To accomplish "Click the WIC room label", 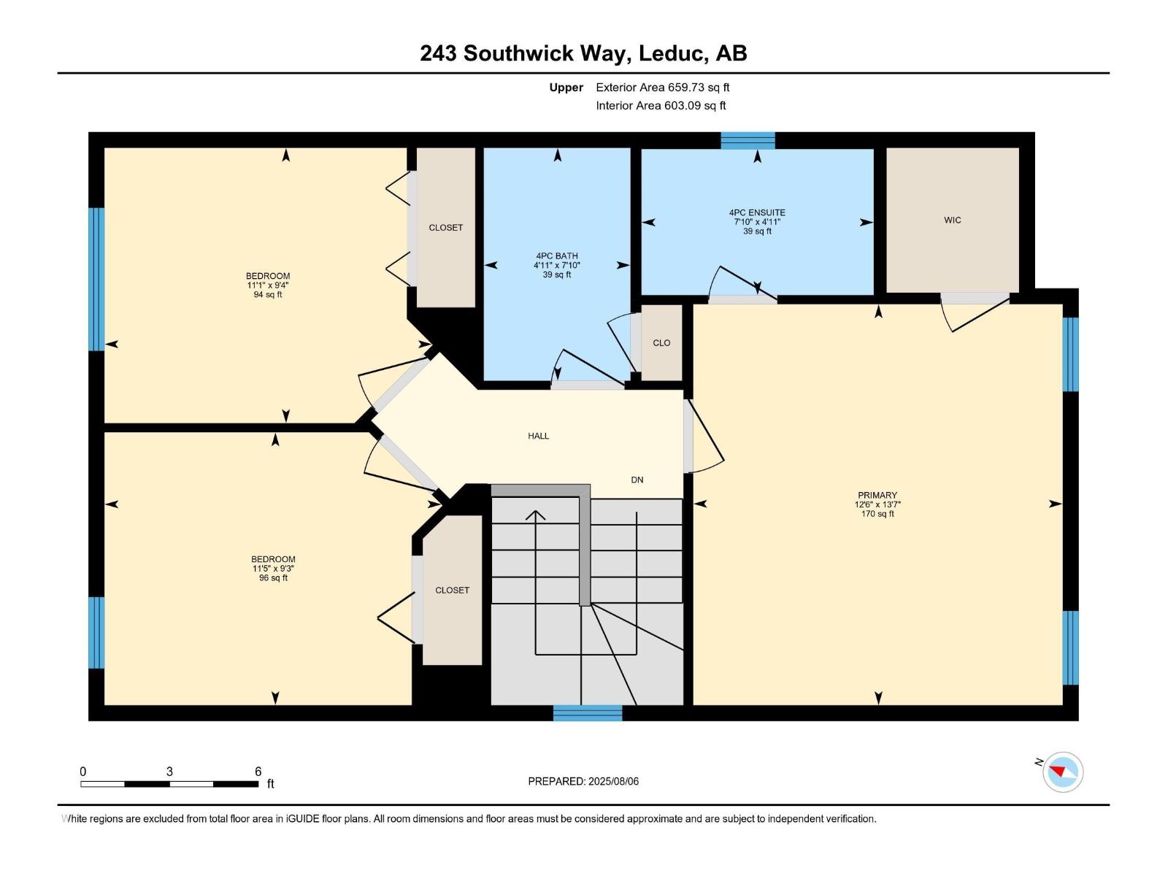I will point(952,220).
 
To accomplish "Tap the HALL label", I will point(538,436).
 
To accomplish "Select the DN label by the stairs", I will point(637,480).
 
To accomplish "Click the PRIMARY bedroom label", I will point(877,495).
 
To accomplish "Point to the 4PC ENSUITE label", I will point(757,212).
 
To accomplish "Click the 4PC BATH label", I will point(556,255).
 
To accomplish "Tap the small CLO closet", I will point(661,342).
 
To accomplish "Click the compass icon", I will point(1062,772).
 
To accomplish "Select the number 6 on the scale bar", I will point(258,772).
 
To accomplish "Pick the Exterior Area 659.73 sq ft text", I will point(662,88).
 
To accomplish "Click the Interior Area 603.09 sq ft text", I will point(661,105).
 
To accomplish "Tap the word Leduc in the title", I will point(672,53).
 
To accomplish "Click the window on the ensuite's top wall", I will point(748,140).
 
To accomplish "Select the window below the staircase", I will point(587,713).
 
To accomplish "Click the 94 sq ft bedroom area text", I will point(268,295).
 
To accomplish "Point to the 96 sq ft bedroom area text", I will point(273,578).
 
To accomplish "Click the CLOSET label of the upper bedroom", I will point(445,228).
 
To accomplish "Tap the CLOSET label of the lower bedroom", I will point(452,590).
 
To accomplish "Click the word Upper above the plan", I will point(566,88).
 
